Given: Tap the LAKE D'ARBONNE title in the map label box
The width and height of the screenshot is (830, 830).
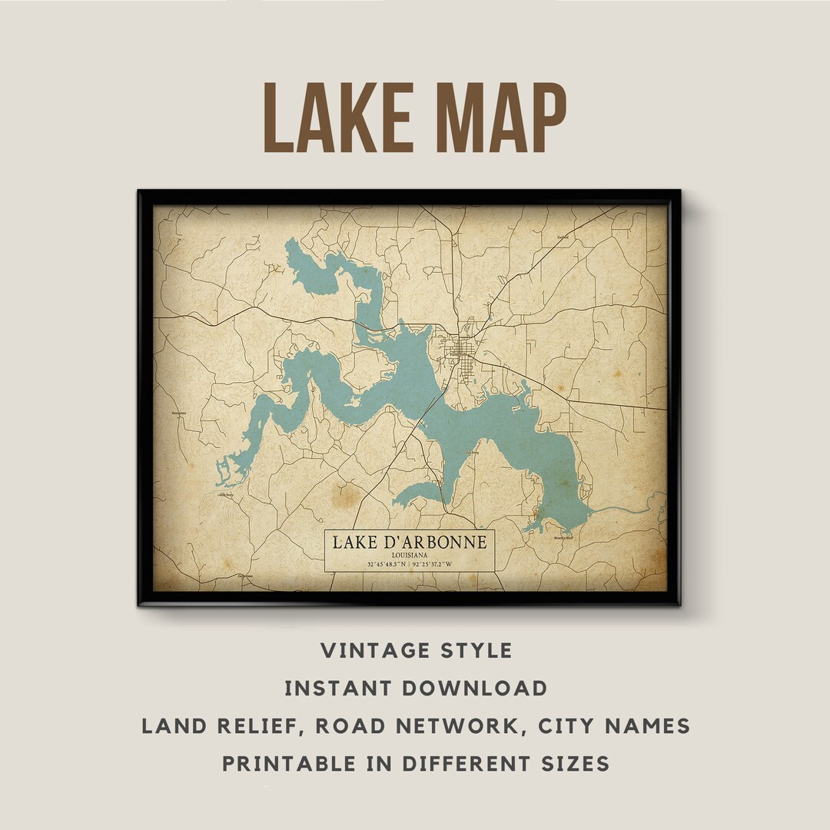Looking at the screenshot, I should (409, 542).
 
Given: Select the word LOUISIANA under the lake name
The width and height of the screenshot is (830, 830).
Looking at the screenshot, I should (409, 555).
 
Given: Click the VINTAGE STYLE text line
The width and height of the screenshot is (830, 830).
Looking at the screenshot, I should (416, 650).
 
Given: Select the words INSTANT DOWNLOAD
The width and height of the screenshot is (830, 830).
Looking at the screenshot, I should (416, 688).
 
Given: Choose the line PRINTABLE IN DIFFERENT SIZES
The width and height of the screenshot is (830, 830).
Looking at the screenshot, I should (416, 763).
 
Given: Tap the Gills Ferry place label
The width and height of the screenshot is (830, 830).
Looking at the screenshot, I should (226, 496).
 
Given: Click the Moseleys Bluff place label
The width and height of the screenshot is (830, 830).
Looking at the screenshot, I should (563, 538).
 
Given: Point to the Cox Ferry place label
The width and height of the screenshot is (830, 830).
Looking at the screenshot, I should (475, 453).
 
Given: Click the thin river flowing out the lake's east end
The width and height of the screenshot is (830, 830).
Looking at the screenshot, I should (622, 510).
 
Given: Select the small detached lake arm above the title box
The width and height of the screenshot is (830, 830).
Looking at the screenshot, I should (419, 494).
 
